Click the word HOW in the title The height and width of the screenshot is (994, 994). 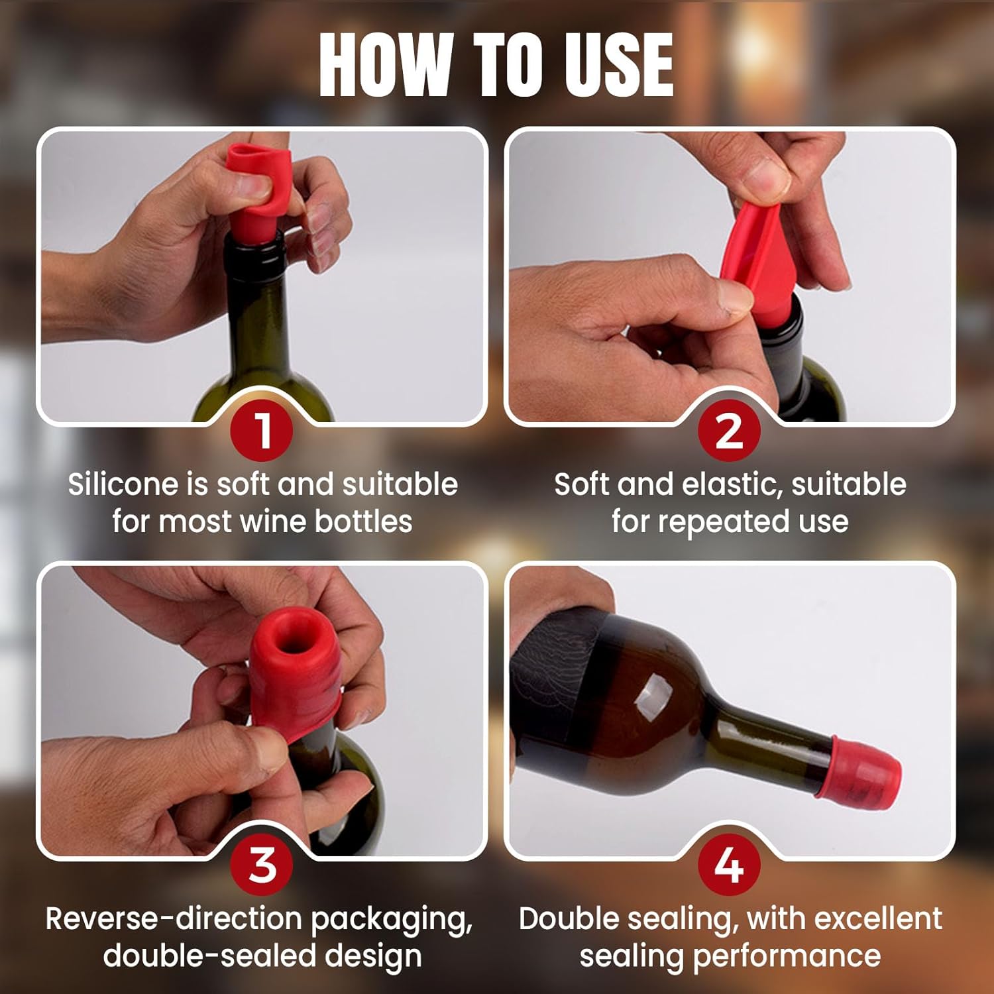[x=384, y=65]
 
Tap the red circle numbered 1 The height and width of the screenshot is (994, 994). [x=263, y=431]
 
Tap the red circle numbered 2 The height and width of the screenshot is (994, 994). [x=730, y=431]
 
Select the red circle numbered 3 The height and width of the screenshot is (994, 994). [x=263, y=865]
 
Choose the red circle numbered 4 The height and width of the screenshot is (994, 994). [x=730, y=865]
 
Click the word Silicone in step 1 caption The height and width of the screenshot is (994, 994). [x=123, y=484]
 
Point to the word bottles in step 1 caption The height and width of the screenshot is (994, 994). [x=363, y=522]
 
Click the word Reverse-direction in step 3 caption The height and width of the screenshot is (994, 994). [x=174, y=919]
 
